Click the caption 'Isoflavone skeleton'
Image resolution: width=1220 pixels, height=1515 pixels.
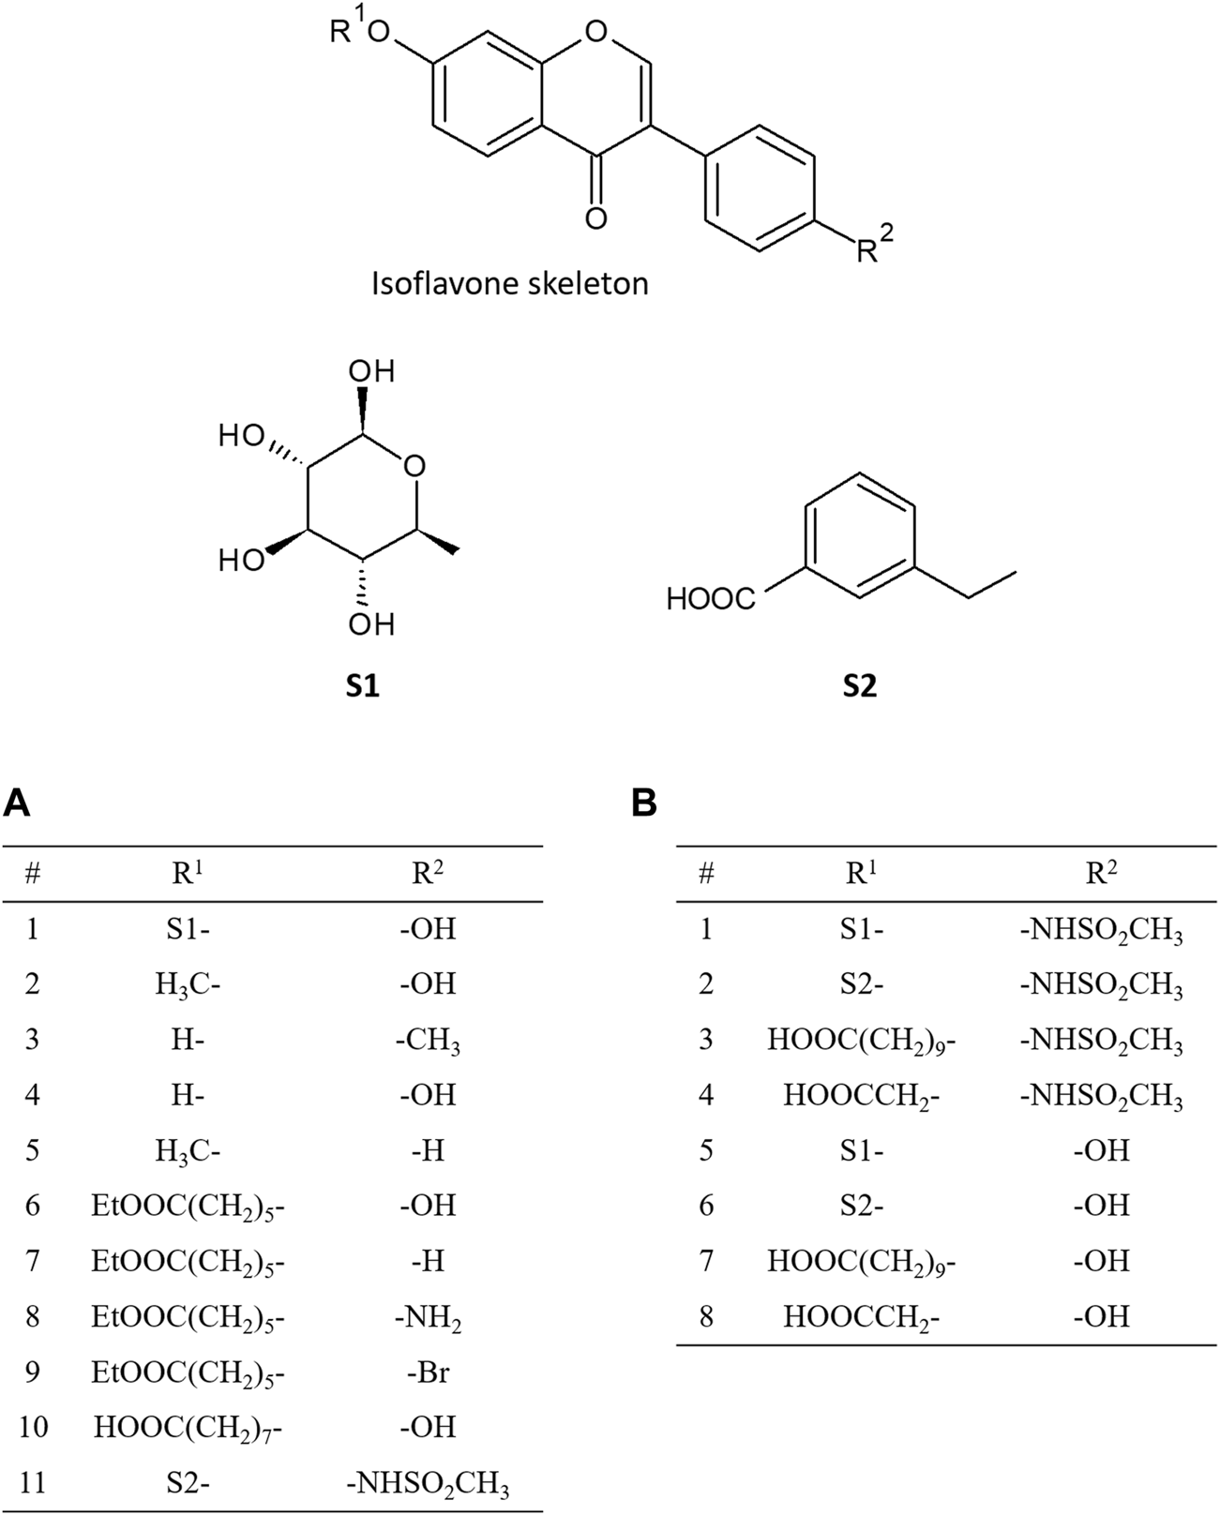point(510,282)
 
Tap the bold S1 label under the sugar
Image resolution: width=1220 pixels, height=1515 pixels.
point(363,686)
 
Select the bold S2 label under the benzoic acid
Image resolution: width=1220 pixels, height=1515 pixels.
point(859,686)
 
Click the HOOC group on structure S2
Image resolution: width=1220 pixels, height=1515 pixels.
point(711,599)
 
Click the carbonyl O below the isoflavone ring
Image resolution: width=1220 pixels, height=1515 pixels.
point(595,218)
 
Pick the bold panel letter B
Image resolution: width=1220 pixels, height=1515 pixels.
point(644,803)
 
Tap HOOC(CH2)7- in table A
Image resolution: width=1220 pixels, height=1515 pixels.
point(188,1428)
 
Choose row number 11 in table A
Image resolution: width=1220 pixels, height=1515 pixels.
point(33,1483)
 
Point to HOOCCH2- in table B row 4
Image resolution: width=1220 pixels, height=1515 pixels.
point(861,1096)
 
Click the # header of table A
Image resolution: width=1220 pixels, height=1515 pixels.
point(33,874)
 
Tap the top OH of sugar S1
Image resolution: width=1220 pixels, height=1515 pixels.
point(371,371)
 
